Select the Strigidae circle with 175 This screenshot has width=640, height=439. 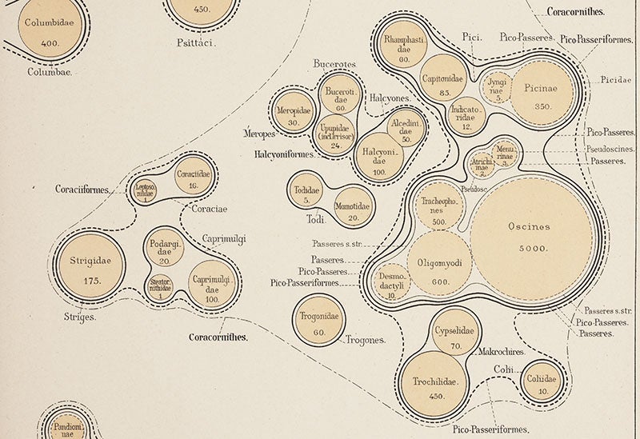[x=90, y=270]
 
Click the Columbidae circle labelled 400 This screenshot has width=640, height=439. [x=50, y=30]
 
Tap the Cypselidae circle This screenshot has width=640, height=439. [x=453, y=336]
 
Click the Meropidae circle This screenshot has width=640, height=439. [x=294, y=115]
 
